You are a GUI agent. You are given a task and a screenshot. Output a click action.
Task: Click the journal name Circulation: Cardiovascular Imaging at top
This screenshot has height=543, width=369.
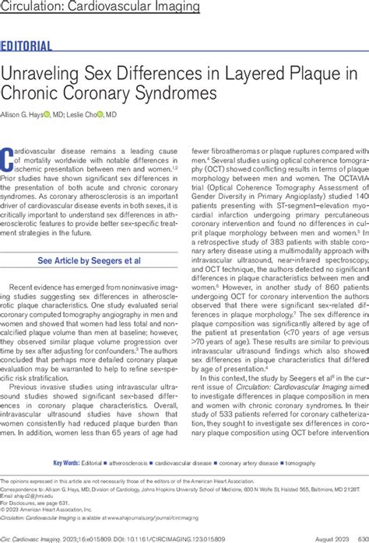[100, 8]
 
